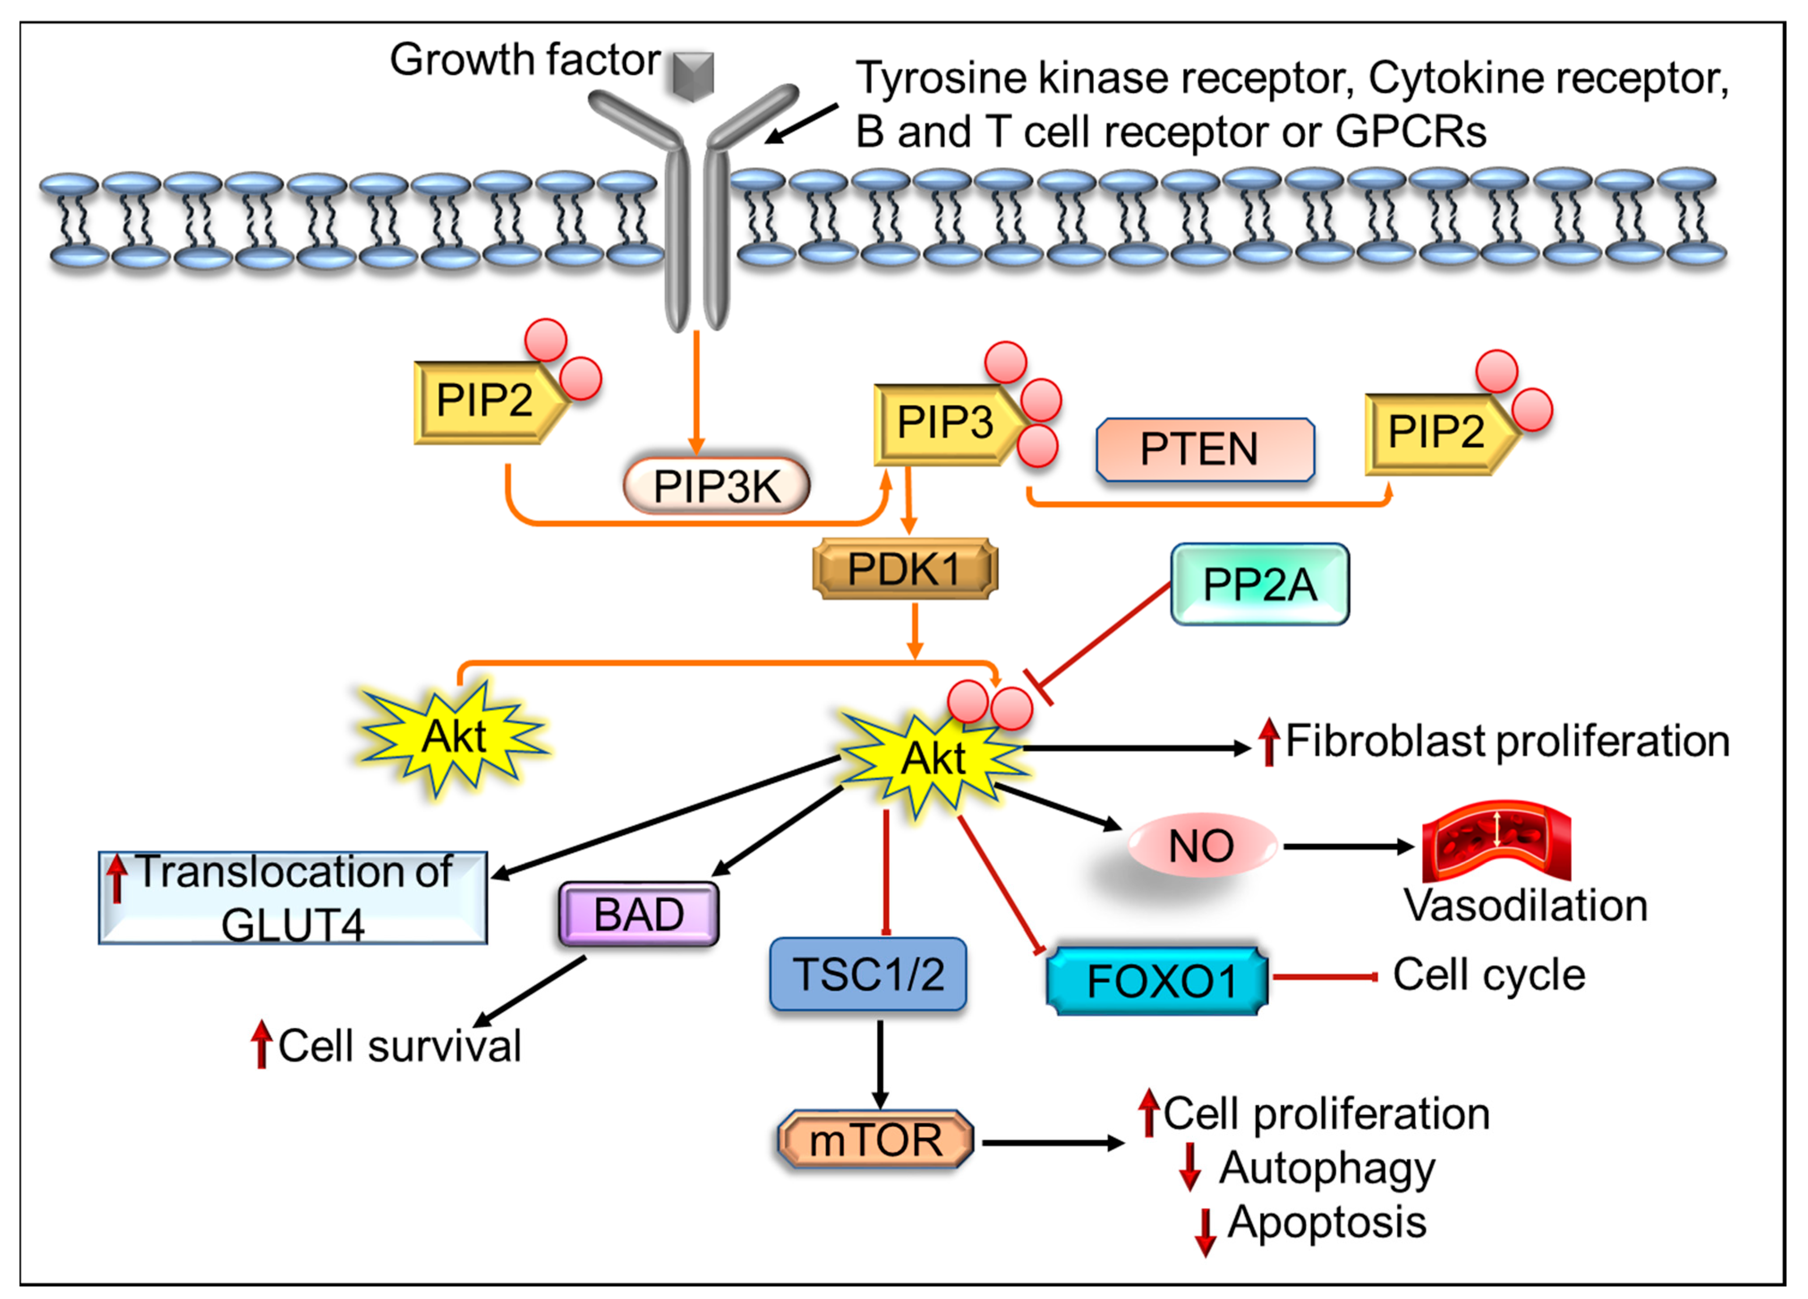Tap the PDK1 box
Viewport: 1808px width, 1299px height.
coord(905,568)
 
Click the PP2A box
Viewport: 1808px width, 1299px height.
coord(1259,584)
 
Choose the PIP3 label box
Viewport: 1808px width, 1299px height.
coord(946,424)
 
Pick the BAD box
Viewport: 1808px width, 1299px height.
coord(639,914)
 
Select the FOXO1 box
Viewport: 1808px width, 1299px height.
coord(1157,981)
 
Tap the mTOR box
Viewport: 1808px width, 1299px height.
coord(875,1140)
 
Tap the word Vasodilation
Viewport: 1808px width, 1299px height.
coord(1526,906)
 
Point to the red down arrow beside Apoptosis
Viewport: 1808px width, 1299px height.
coord(1205,1233)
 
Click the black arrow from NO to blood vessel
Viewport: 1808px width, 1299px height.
coord(1349,847)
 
